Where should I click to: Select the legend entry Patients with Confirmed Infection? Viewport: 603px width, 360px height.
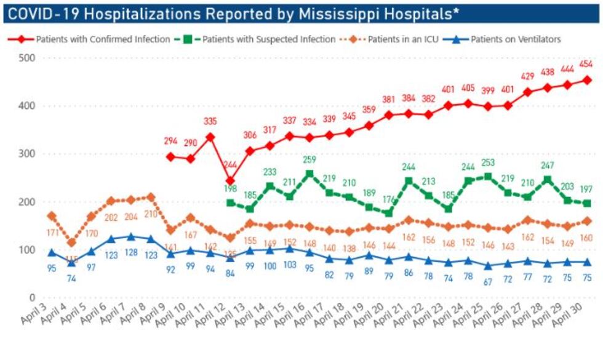click(102, 39)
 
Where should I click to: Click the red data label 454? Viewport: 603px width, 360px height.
click(586, 65)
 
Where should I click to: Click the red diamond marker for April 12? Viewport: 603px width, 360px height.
click(230, 182)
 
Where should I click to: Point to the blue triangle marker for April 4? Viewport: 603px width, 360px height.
click(72, 263)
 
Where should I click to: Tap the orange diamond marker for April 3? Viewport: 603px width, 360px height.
click(52, 216)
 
